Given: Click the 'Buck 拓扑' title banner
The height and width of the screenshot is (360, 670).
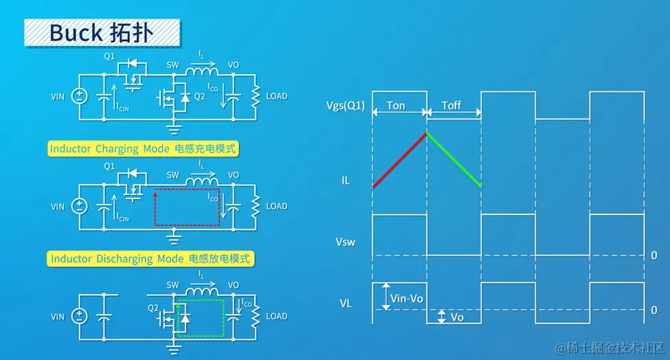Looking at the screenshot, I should click(102, 32).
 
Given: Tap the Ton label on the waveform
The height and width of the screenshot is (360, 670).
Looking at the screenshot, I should click(396, 106).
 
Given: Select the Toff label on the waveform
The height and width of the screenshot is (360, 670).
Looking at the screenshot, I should click(451, 106).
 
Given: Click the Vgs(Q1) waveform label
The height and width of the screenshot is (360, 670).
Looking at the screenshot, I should click(346, 106).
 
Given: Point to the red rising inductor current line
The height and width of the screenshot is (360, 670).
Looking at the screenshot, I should click(399, 159).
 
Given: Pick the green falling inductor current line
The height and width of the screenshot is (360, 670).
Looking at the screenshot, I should click(454, 160).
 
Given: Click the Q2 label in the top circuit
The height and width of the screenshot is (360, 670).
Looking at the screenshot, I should click(200, 97).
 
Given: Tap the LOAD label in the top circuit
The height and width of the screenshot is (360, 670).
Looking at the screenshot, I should click(276, 96).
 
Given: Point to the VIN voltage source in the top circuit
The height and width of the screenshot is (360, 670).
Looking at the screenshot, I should click(80, 96).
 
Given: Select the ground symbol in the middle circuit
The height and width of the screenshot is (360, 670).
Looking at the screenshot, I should click(175, 238).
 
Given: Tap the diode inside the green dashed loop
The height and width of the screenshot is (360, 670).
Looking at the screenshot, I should click(184, 318).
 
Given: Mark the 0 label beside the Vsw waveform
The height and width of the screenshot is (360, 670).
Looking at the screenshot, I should click(654, 256).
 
